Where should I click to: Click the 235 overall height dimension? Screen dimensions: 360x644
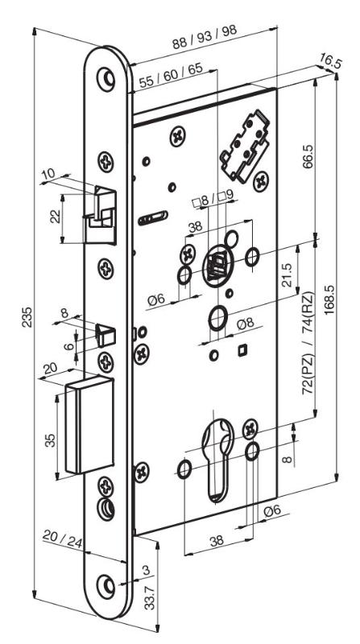pos(27,317)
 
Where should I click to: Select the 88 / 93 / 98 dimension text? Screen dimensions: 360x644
pos(205,38)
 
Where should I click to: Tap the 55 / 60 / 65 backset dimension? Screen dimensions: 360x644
pos(171,76)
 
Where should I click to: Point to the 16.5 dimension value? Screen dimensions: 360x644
pos(329,62)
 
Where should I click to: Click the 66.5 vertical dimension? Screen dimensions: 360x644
pos(307,155)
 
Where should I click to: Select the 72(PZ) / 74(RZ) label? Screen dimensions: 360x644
pos(308,343)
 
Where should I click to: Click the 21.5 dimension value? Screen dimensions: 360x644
pos(288,275)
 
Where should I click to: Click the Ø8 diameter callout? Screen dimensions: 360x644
pos(246,324)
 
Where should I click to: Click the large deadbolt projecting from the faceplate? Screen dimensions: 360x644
pos(89,425)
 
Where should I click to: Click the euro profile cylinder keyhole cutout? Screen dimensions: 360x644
pos(217,459)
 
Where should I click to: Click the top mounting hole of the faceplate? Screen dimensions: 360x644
pos(106,77)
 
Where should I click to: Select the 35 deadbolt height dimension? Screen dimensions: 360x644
pos(50,440)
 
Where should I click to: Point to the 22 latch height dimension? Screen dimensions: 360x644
pos(56,216)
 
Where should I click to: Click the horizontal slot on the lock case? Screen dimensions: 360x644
pos(153,218)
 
